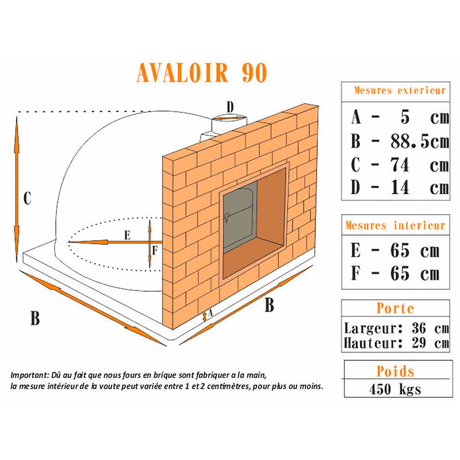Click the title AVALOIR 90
point(202,72)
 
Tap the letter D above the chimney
point(231,107)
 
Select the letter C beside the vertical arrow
point(27,198)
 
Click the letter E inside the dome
point(127,235)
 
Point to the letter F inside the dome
point(155,251)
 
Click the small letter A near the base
point(210,313)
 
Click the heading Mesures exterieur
point(400,90)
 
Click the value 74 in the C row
point(400,164)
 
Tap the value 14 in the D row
point(400,187)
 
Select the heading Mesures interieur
point(395,225)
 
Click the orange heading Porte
point(395,308)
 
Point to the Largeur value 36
point(419,328)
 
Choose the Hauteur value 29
point(419,343)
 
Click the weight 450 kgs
point(395,389)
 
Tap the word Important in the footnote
point(29,375)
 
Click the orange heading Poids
point(395,371)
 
